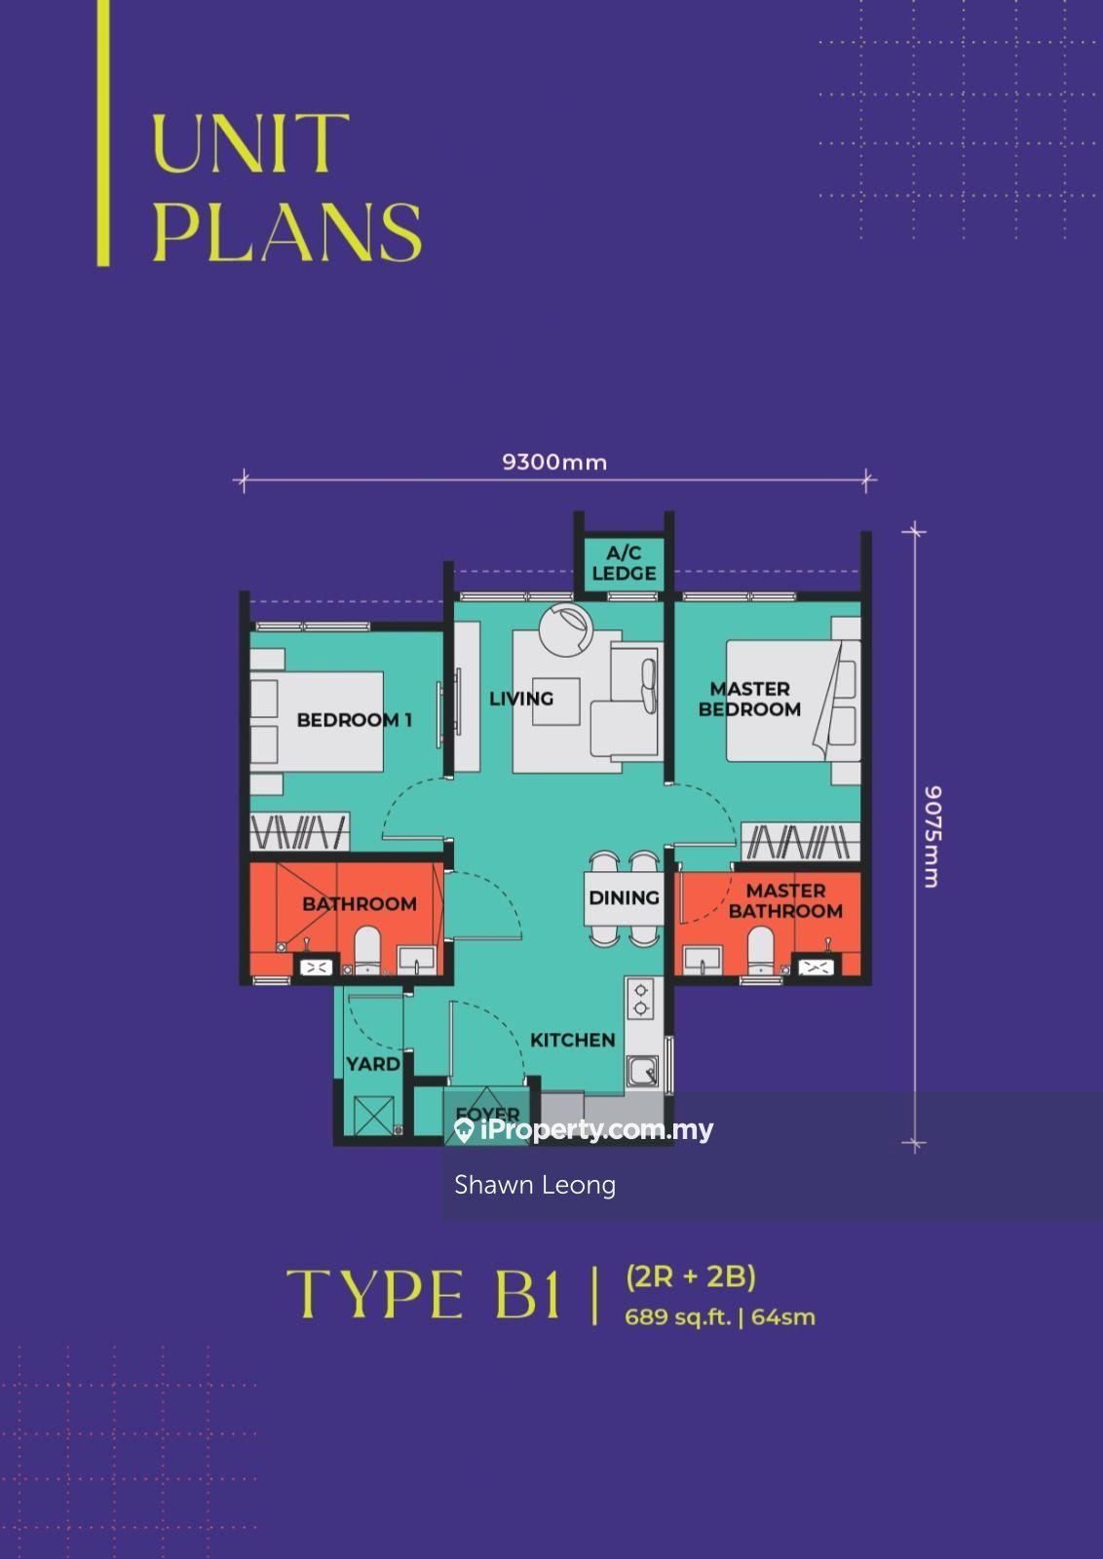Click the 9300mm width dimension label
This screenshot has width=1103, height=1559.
(x=554, y=462)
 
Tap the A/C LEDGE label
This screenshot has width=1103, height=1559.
(x=625, y=563)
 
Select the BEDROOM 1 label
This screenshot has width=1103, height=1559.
(x=355, y=720)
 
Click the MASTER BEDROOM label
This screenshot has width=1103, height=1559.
(x=749, y=699)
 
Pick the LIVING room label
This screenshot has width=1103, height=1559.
(x=521, y=698)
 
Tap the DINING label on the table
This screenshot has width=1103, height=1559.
(x=625, y=897)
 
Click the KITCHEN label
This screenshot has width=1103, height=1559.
(x=573, y=1040)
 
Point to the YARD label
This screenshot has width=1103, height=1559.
(x=373, y=1063)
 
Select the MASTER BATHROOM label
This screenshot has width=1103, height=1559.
(x=785, y=900)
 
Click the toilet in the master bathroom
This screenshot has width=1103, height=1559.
(x=761, y=949)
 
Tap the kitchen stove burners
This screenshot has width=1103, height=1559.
(x=640, y=999)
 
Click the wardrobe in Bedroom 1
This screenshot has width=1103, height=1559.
(x=299, y=831)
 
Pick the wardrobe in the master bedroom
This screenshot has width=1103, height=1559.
(x=800, y=841)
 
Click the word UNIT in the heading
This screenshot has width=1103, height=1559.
(x=250, y=144)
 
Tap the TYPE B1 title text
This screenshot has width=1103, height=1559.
(x=423, y=1294)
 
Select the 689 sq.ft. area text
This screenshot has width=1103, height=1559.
(x=677, y=1316)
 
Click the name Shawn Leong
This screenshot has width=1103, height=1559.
(x=535, y=1185)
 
